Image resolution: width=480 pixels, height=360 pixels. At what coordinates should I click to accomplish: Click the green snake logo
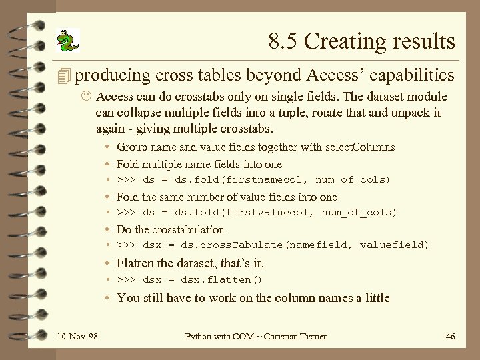[67, 41]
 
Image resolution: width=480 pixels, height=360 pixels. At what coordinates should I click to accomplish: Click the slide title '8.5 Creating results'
[362, 41]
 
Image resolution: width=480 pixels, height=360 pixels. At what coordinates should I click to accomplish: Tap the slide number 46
[449, 337]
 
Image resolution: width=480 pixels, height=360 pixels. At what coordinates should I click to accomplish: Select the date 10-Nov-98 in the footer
[77, 337]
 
